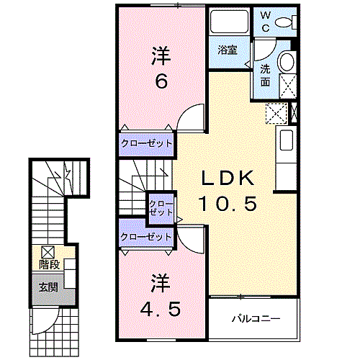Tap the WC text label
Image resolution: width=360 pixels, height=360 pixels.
[x=264, y=22]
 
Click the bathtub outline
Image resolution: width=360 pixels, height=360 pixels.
[x=229, y=22]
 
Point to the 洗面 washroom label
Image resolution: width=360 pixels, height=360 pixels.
[x=265, y=76]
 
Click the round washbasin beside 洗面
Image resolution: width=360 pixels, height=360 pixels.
[x=287, y=61]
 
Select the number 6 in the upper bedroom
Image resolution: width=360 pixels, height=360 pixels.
[x=161, y=81]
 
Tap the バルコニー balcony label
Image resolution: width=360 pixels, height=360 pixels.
[x=255, y=318]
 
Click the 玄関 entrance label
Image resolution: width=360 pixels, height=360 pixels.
[x=48, y=287]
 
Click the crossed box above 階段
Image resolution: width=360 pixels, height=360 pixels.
[x=48, y=252]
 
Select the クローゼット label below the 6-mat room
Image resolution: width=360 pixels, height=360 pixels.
[x=147, y=144]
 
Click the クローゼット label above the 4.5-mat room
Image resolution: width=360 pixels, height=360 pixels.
[x=147, y=237]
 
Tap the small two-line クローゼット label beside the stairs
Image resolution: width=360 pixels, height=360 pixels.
[x=161, y=208]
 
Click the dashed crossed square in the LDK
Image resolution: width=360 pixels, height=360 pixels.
[x=276, y=113]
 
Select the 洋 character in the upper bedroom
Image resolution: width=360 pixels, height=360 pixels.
[x=161, y=55]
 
